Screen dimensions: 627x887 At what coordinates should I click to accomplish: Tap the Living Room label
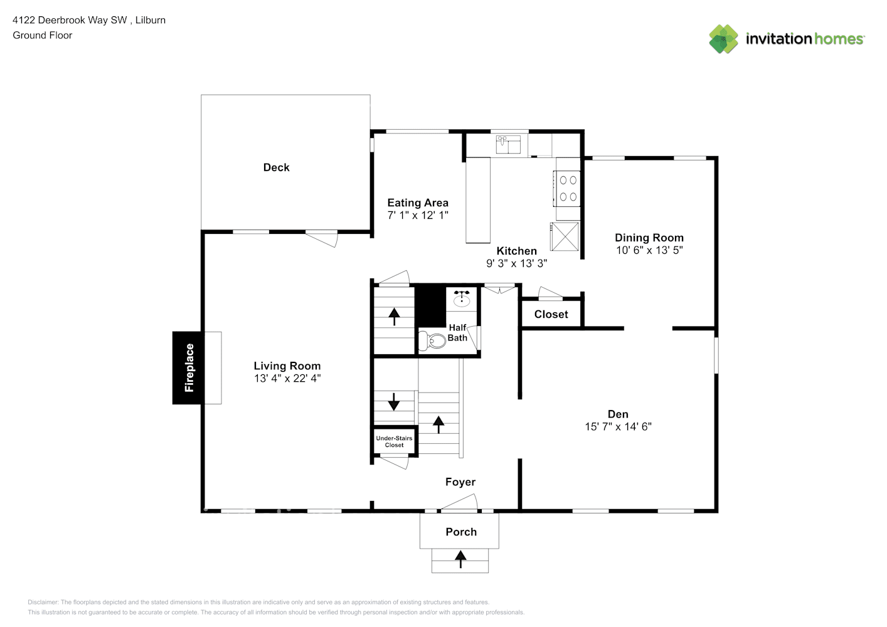tap(287, 366)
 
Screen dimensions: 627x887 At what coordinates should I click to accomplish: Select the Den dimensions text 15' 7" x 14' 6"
tap(618, 426)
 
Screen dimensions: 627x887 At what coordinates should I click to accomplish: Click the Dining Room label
tap(649, 238)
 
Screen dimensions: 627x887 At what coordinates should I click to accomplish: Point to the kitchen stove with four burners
tap(568, 188)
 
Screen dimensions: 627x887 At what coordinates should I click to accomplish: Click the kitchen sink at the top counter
tap(509, 145)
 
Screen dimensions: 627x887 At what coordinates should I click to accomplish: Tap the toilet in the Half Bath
tap(431, 340)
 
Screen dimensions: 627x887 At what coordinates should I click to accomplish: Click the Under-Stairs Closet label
tap(394, 441)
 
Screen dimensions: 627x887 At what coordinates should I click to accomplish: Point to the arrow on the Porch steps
tap(460, 559)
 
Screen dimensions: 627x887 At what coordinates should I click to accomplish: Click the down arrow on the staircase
tap(393, 401)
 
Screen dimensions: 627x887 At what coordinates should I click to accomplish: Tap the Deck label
tap(276, 167)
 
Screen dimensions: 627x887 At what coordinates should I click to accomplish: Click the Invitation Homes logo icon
tap(723, 39)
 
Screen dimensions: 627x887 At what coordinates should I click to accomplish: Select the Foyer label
tap(460, 482)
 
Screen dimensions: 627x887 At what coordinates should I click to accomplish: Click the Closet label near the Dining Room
tap(551, 314)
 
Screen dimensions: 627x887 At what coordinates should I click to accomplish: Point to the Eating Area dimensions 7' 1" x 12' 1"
tap(418, 215)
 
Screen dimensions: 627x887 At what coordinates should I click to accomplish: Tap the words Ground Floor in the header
tap(43, 35)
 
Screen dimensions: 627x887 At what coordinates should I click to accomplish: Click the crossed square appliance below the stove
tap(565, 236)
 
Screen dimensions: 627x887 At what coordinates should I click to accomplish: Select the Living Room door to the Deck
tap(322, 238)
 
